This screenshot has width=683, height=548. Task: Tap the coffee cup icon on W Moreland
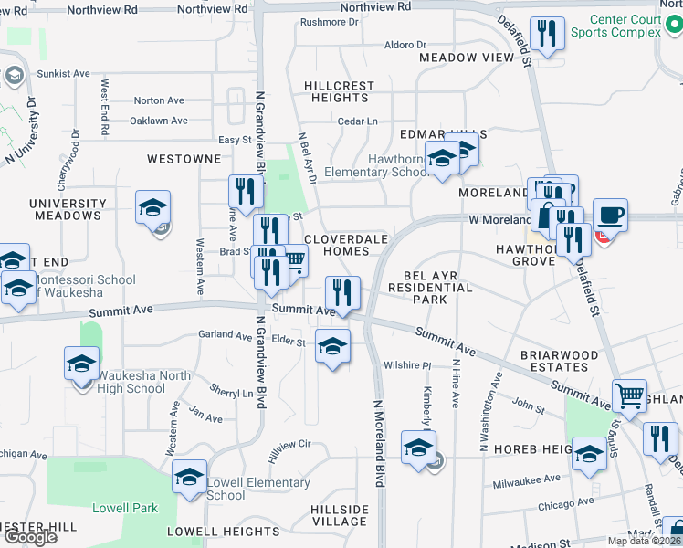pyautogui.click(x=610, y=216)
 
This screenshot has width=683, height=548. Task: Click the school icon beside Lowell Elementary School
pyautogui.click(x=190, y=477)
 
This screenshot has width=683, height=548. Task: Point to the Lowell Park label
pyautogui.click(x=125, y=508)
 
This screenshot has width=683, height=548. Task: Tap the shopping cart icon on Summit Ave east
pyautogui.click(x=628, y=395)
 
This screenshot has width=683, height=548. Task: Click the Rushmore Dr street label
pyautogui.click(x=330, y=22)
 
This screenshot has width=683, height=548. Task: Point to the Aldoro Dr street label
pyautogui.click(x=405, y=44)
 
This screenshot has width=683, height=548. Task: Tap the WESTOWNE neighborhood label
pyautogui.click(x=184, y=159)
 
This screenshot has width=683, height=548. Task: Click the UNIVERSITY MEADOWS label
pyautogui.click(x=67, y=209)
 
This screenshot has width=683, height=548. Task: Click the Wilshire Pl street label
pyautogui.click(x=407, y=365)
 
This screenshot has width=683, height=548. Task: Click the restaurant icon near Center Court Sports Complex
pyautogui.click(x=546, y=35)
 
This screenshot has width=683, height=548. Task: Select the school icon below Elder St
pyautogui.click(x=333, y=346)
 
